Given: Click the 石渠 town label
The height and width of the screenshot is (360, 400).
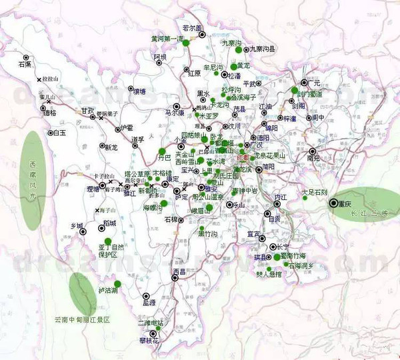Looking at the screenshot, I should coord(25,65).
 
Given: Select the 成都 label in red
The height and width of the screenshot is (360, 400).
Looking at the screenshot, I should coord(245,157).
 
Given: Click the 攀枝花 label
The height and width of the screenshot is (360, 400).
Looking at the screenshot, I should coord(149,341).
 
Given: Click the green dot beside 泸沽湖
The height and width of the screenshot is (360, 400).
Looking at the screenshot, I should coord(117,284).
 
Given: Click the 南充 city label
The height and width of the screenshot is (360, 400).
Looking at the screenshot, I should coord(313,159).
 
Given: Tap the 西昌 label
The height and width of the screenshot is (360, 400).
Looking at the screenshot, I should coord(179,271).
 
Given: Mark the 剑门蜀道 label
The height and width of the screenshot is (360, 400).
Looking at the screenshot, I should coord(310,94).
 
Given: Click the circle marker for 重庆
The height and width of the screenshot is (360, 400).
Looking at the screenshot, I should coord(333,204).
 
